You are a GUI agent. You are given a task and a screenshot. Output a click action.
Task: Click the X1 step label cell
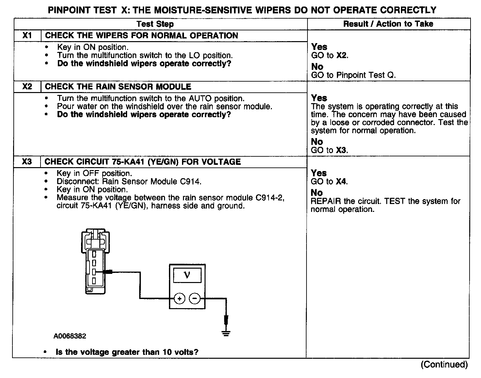pos(27,36)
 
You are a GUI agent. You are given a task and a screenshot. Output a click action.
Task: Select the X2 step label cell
pos(27,87)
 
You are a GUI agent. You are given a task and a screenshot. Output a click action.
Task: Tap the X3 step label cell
pos(27,162)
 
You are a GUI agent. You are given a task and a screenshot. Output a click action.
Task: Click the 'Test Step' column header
pos(155,24)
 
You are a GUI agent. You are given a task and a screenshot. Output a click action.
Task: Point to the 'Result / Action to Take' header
pos(388,24)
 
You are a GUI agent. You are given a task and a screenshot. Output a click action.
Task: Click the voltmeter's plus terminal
pos(179,298)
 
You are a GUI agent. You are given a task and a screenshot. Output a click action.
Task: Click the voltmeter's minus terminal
pos(195,298)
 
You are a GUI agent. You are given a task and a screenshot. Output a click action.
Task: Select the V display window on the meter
pos(187,275)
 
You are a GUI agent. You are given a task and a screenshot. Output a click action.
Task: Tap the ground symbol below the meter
pos(226,333)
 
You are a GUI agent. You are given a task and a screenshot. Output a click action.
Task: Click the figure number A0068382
pos(70,336)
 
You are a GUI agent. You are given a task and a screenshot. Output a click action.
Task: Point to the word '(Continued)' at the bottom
pos(444,364)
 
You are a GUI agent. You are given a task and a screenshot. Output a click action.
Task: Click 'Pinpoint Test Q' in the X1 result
pos(366,75)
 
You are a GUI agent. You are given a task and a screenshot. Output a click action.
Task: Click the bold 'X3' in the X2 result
pos(341,150)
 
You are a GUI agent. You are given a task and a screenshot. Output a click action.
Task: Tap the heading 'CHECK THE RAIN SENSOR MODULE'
pos(118,87)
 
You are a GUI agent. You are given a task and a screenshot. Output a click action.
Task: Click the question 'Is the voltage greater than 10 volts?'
pos(127,352)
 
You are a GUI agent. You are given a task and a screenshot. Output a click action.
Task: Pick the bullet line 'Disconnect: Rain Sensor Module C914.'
pos(129,181)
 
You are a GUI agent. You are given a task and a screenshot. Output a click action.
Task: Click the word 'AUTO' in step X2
pos(200,98)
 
